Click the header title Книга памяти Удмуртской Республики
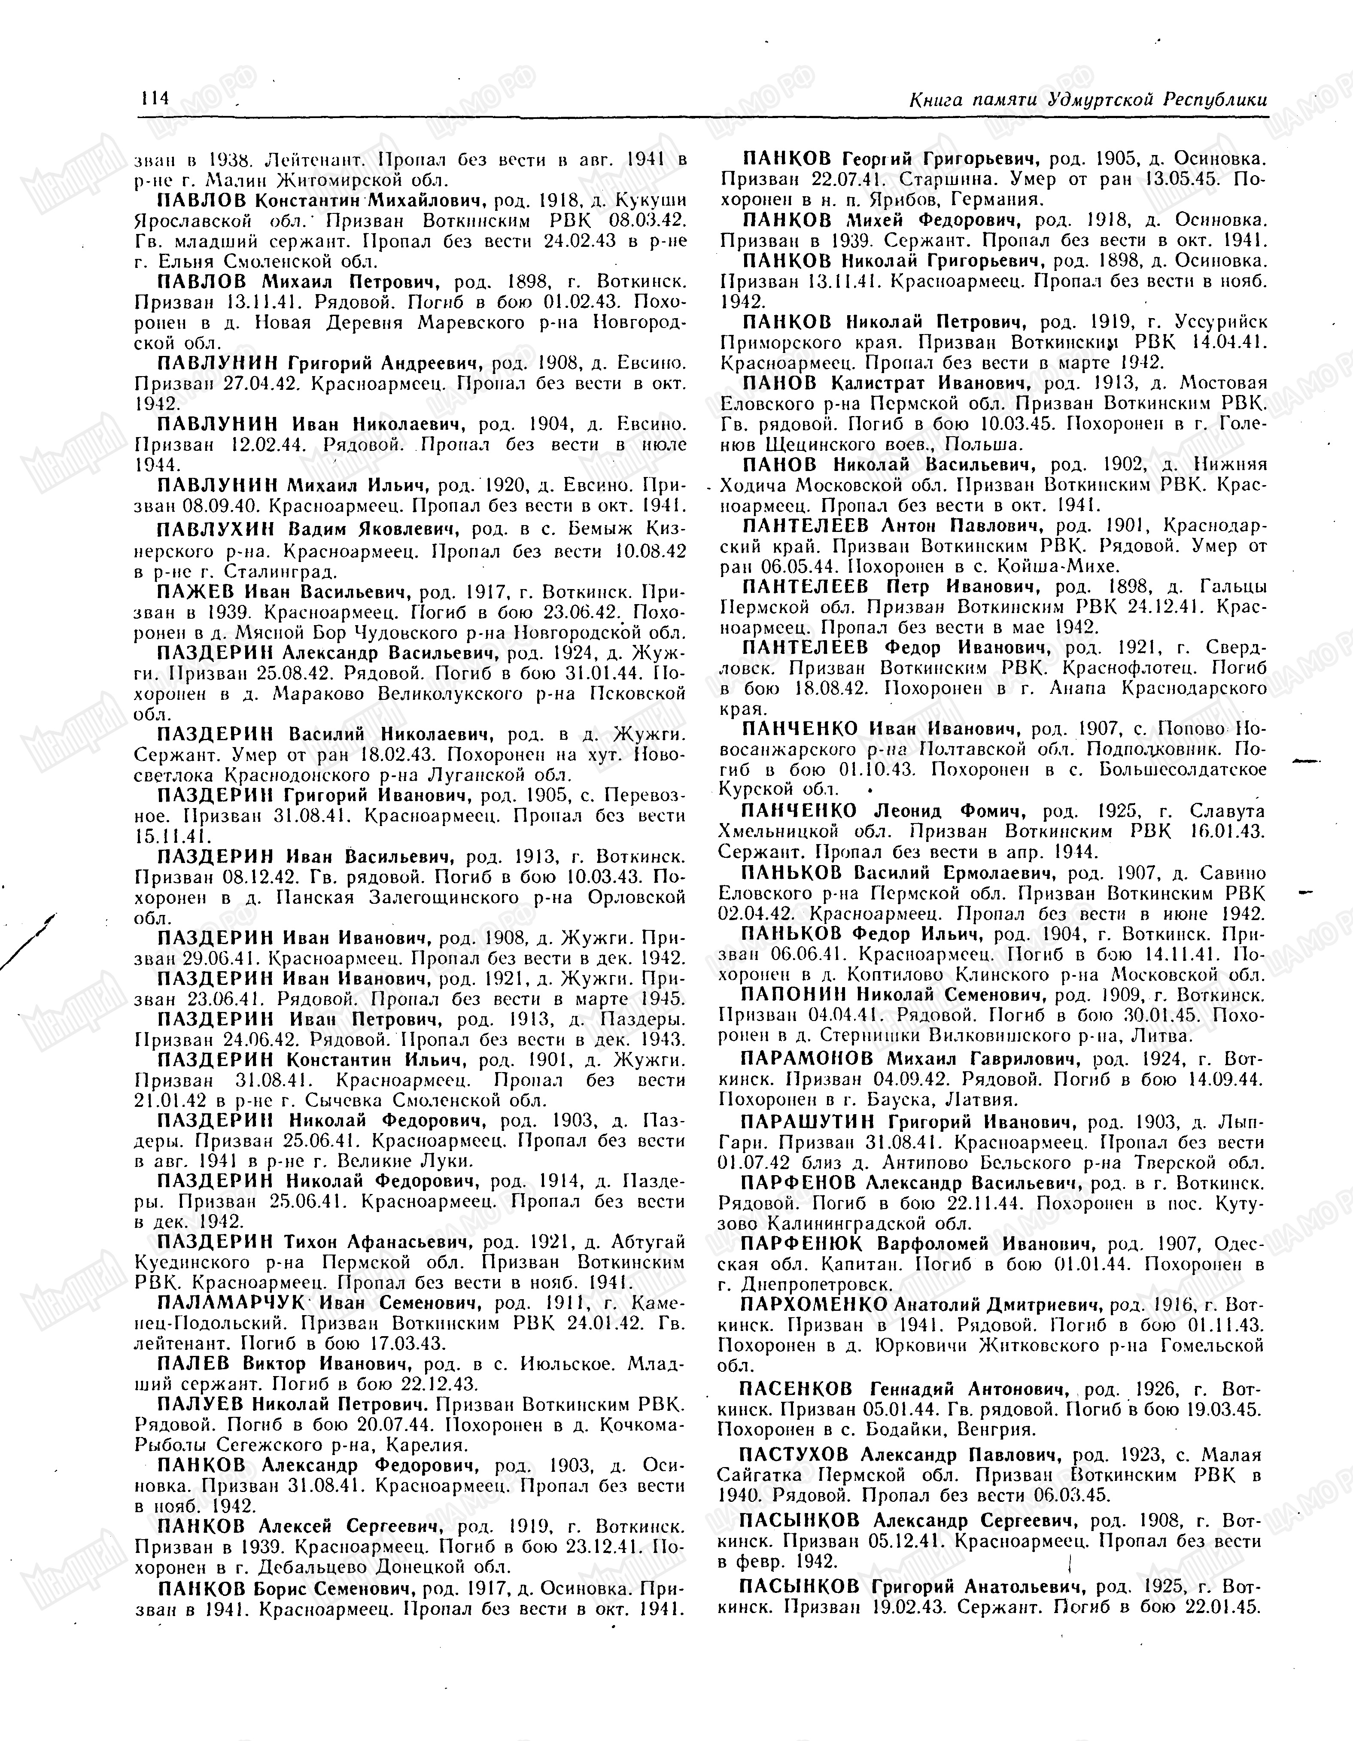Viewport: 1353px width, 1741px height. pos(1088,100)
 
